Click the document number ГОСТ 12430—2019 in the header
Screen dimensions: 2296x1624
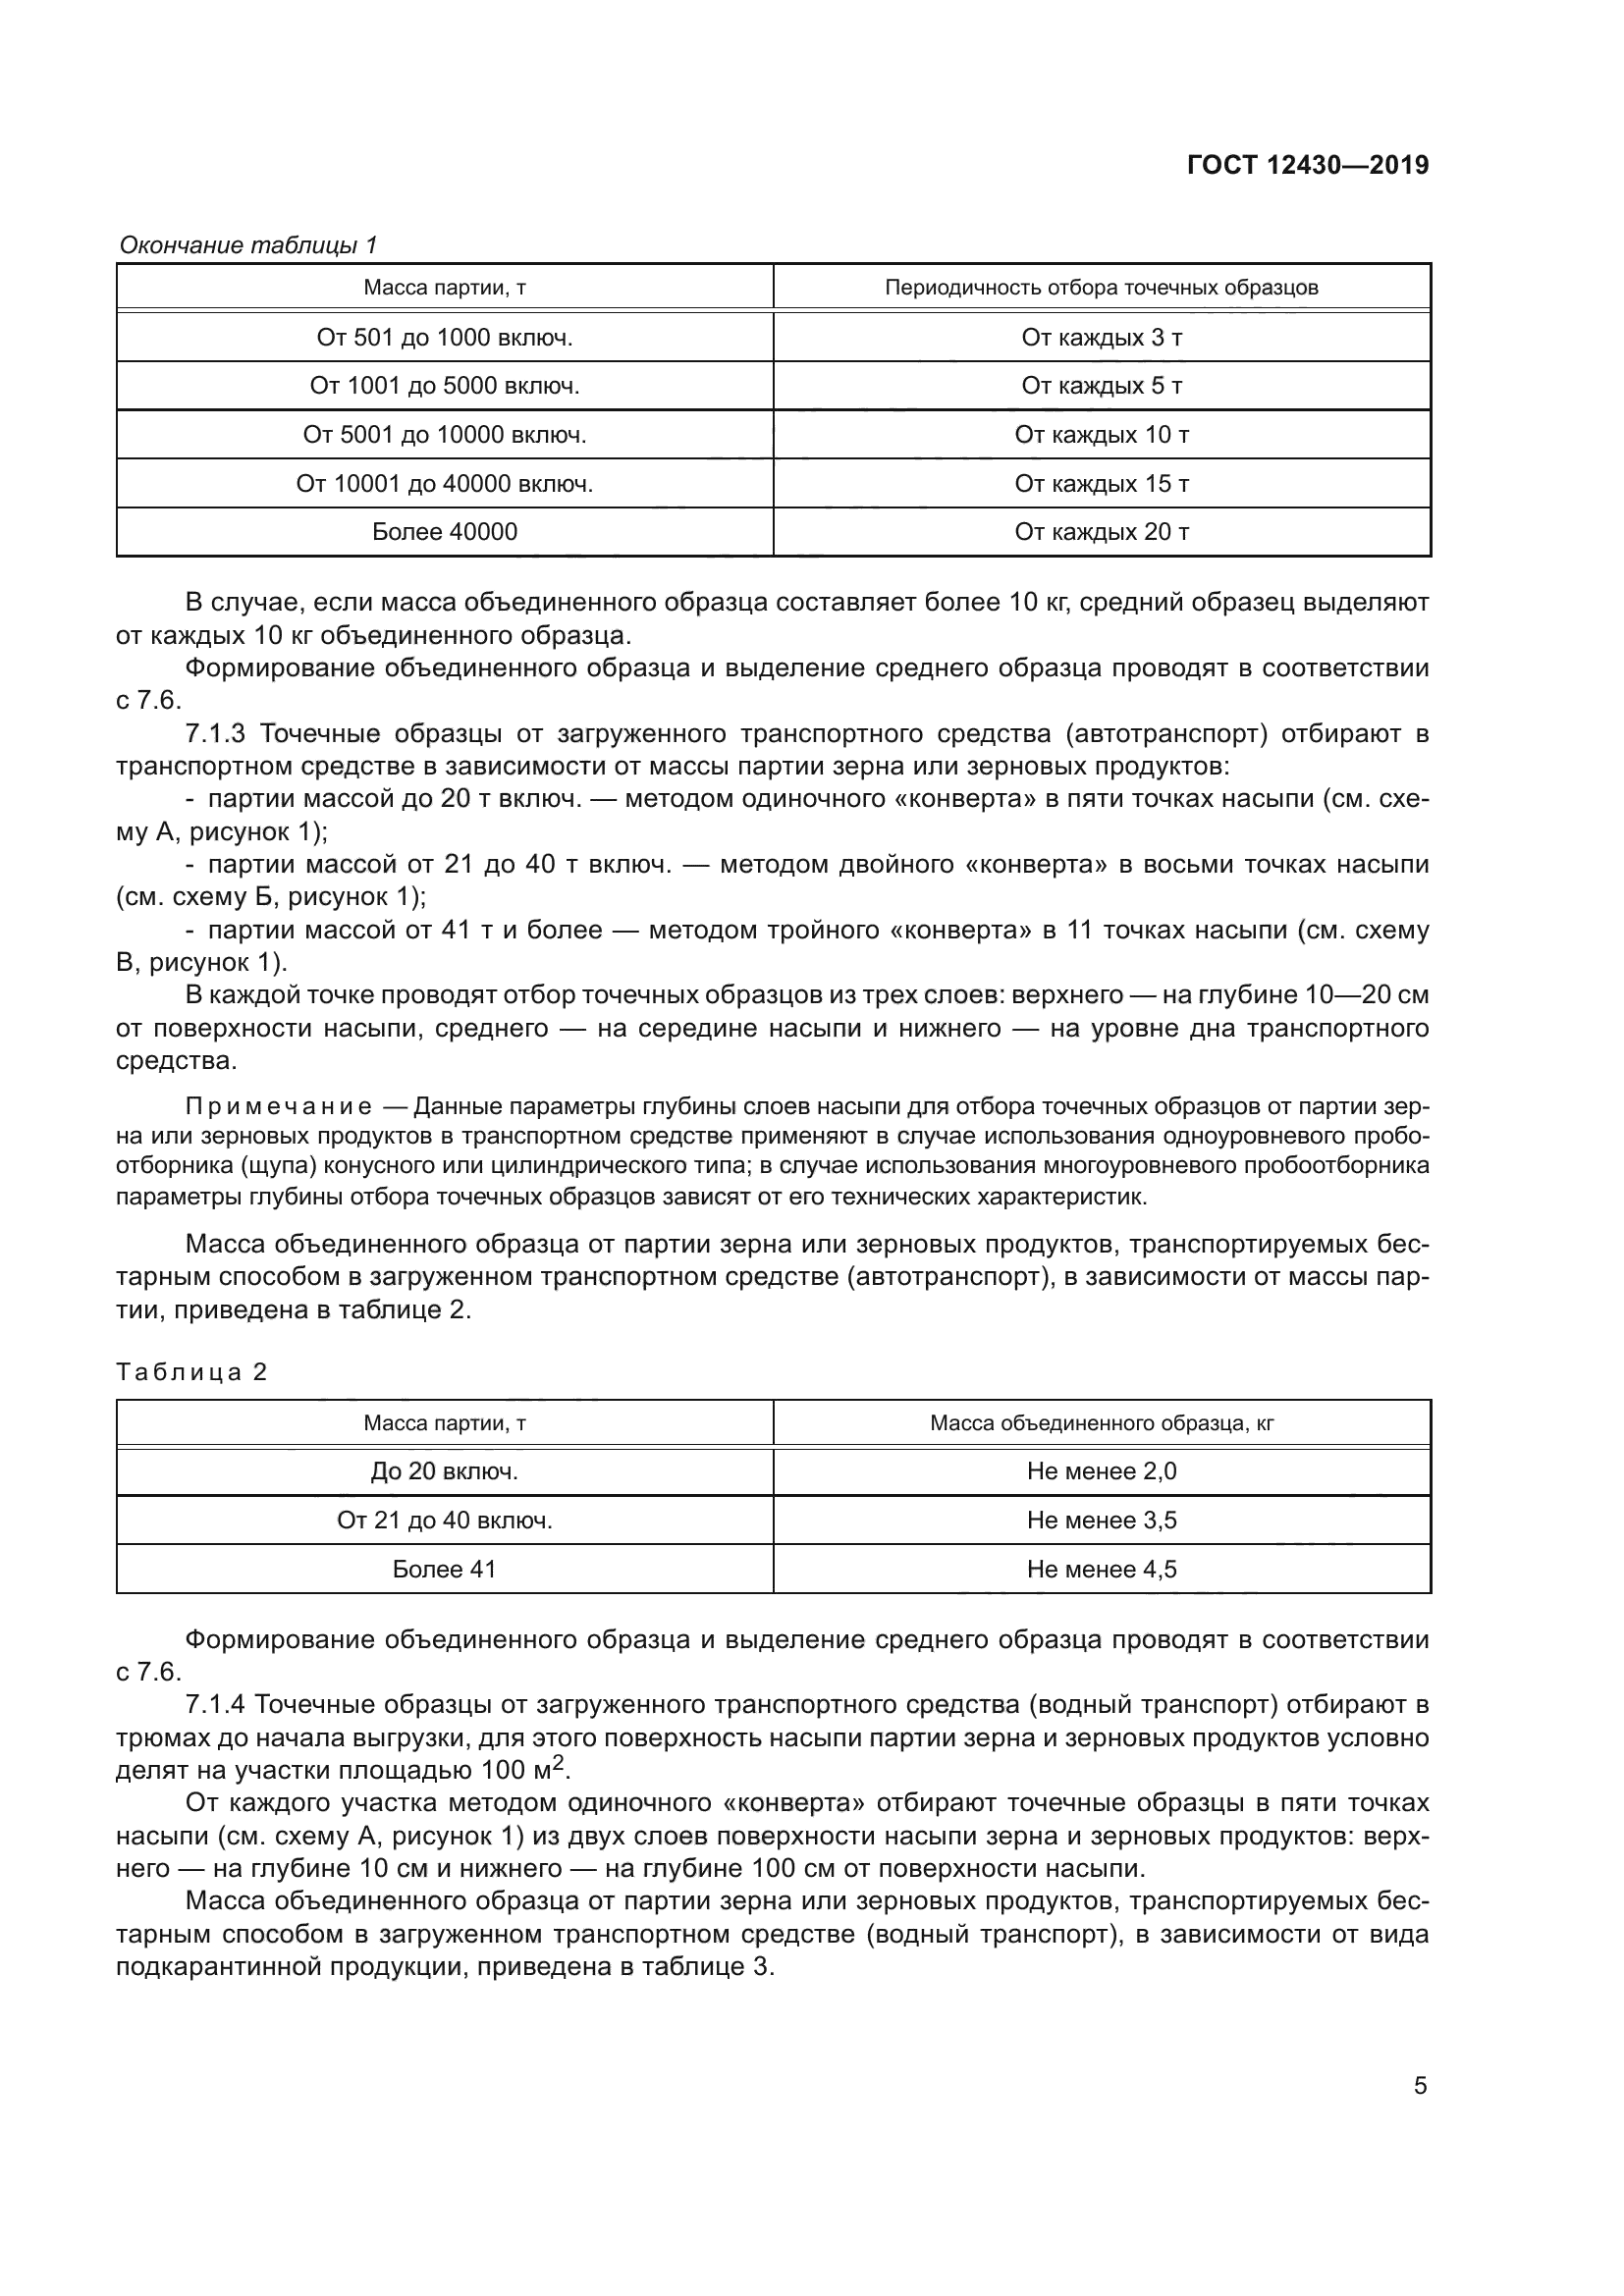click(1307, 165)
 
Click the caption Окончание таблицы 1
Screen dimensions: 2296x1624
click(248, 245)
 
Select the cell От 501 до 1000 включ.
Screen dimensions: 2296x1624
click(444, 338)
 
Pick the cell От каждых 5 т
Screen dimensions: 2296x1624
click(1101, 386)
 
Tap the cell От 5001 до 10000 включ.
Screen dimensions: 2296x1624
click(444, 435)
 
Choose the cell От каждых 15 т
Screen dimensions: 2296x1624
click(1101, 484)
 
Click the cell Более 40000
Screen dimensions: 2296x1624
click(444, 532)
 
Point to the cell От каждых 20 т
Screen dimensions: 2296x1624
click(1101, 532)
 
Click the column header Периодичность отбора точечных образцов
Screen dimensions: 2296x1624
click(1101, 288)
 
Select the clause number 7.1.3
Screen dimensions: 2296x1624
click(215, 735)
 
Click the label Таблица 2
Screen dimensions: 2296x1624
click(192, 1372)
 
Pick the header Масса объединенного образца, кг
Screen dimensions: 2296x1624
click(1101, 1424)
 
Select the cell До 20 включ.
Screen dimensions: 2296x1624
click(444, 1472)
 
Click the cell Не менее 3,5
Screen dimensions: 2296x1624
click(1101, 1521)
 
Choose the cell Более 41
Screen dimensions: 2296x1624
click(444, 1570)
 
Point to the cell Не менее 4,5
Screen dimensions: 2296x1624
click(1101, 1570)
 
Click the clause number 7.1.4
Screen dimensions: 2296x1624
click(215, 1705)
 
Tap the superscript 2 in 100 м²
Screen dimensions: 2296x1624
click(560, 1764)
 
